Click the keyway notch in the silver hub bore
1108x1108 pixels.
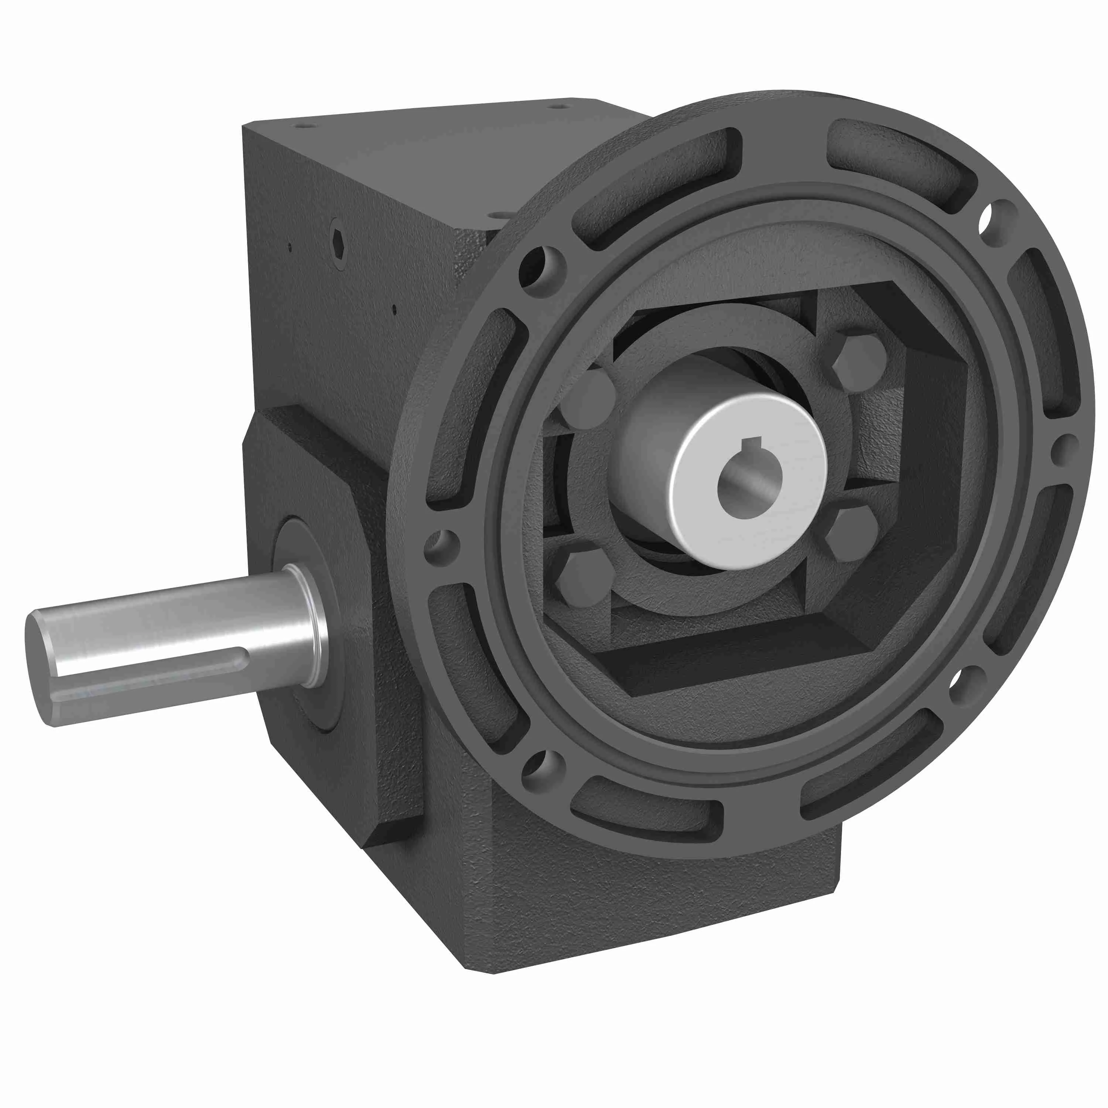coord(751,443)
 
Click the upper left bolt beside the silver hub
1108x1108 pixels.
coord(588,399)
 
